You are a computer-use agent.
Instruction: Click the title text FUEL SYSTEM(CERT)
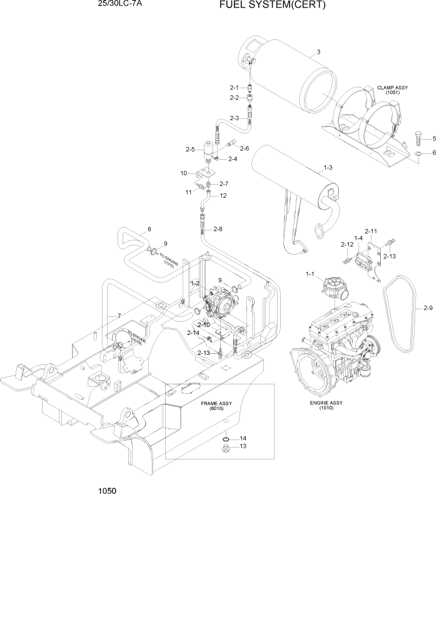tap(272, 6)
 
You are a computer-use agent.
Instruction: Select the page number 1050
tap(107, 491)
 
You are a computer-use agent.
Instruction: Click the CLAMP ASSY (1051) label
tap(392, 90)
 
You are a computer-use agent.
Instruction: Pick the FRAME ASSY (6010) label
tap(216, 406)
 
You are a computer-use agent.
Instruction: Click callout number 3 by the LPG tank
tap(318, 51)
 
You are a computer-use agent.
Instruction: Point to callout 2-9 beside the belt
tap(428, 307)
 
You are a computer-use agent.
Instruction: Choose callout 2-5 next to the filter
tap(190, 149)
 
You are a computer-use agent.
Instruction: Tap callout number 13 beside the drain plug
tap(243, 446)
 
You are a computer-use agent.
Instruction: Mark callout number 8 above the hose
tap(149, 229)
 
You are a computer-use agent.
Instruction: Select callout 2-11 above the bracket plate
tap(371, 232)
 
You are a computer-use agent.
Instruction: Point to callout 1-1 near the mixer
tap(310, 274)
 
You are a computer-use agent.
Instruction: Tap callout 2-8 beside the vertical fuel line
tap(218, 229)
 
